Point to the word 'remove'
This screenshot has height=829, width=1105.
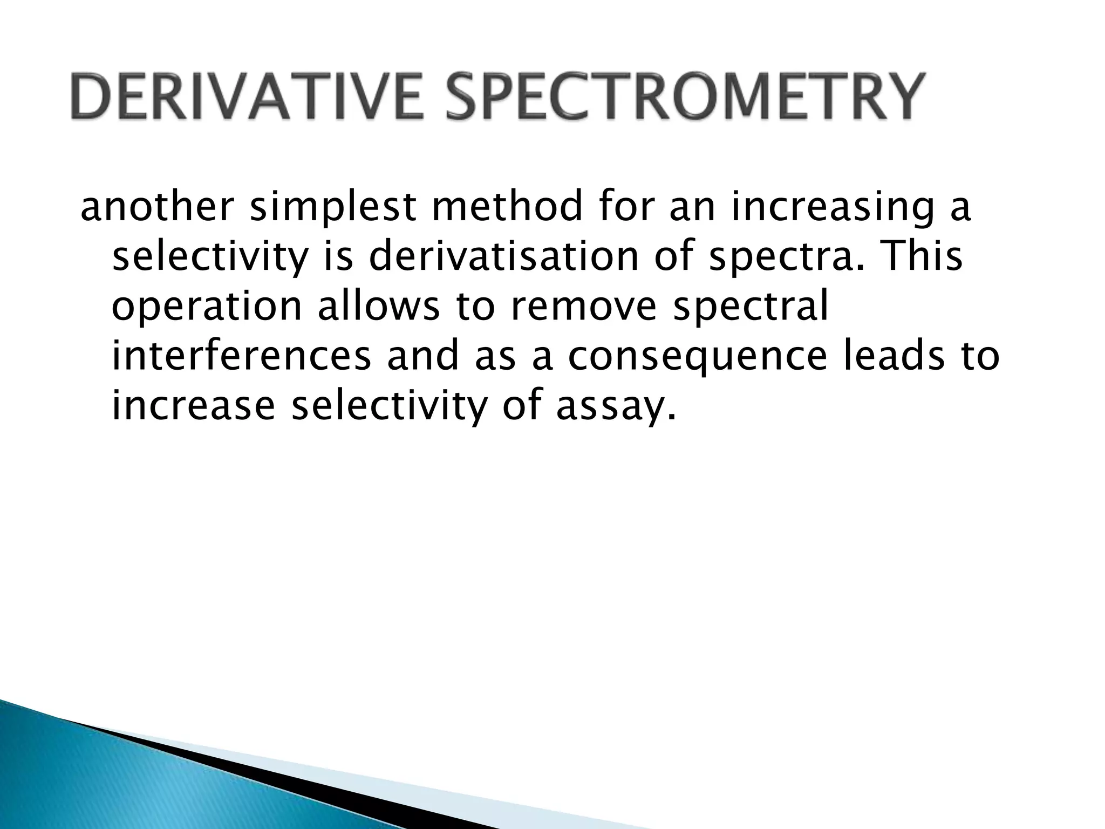pos(583,306)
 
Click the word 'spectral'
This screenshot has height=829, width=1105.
pos(751,307)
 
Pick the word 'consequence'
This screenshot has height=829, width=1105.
pos(696,358)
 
